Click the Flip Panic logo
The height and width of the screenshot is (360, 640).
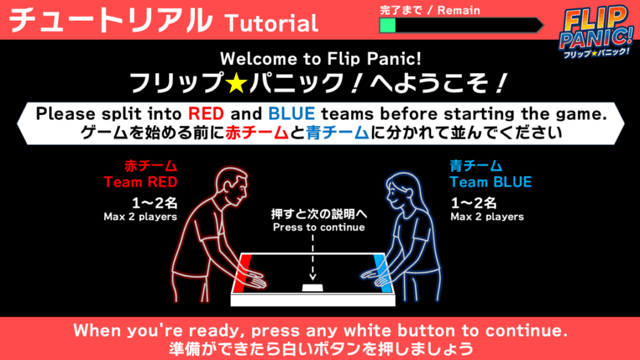tap(596, 32)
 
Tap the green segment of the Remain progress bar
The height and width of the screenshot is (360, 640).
tap(387, 26)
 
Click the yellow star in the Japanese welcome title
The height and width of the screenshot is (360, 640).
tap(237, 82)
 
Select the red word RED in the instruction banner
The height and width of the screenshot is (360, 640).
tap(206, 114)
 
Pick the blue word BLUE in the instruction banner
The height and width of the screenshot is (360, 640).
tap(291, 114)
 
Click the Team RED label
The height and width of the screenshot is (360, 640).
tap(141, 182)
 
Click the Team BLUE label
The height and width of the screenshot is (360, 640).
tap(491, 182)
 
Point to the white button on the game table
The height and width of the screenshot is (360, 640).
tap(312, 287)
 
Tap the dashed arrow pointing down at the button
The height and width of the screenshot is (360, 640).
tap(312, 257)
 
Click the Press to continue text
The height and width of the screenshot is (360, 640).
tap(319, 227)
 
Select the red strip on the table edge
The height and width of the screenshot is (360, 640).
tap(242, 273)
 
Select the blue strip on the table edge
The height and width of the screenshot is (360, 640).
tap(383, 273)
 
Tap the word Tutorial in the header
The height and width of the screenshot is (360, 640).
tap(271, 23)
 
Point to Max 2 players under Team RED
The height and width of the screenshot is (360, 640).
tap(141, 217)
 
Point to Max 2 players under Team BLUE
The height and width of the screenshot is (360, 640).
tap(487, 217)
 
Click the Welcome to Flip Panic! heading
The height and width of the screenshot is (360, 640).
tap(321, 59)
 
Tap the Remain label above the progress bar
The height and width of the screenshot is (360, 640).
tap(459, 10)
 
